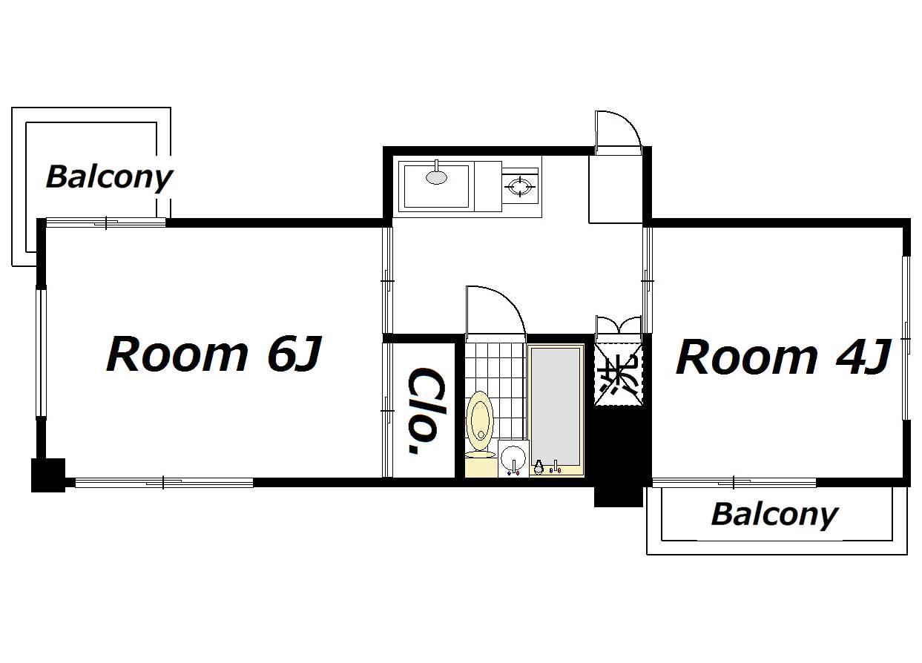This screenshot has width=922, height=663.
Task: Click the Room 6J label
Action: pos(214,354)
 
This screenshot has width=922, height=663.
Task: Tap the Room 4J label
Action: pos(784,357)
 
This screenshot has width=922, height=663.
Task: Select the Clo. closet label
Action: pos(427,412)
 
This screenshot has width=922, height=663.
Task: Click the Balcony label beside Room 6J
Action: pos(109,178)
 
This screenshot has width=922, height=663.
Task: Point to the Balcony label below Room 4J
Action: pos(774,515)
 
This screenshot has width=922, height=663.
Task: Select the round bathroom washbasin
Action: pos(513,458)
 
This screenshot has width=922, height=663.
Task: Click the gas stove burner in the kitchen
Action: pos(520,187)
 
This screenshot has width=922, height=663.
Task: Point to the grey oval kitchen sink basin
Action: pos(436,177)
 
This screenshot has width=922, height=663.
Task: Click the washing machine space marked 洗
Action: pos(618,375)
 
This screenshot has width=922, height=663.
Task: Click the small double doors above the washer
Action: pos(618,325)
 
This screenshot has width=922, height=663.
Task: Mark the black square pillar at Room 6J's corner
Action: pos(48,475)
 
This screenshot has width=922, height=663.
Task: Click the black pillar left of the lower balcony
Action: pos(618,496)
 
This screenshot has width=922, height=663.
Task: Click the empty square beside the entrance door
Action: pos(616,189)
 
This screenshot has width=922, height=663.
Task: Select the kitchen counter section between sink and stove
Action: pos(488,186)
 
